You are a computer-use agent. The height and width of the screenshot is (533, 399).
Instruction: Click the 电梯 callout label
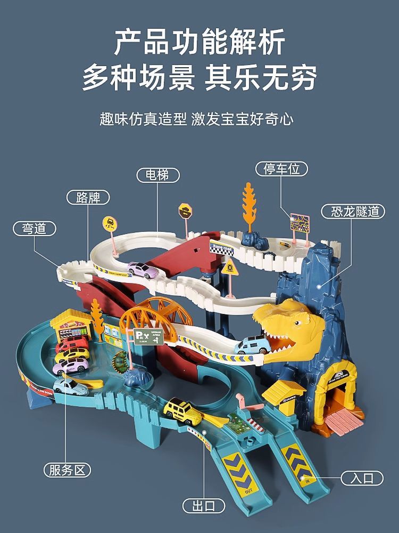click(158, 175)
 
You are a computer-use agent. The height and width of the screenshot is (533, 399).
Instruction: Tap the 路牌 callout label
click(88, 197)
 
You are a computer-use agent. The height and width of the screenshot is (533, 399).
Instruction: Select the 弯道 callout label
click(35, 229)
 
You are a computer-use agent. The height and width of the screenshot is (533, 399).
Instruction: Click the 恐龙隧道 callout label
click(352, 211)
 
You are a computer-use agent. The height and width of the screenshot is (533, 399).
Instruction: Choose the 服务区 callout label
click(67, 470)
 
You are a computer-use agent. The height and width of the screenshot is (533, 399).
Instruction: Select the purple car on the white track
click(142, 269)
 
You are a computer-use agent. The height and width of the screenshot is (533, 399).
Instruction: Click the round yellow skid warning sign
click(110, 223)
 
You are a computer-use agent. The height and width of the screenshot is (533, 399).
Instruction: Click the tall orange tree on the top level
click(248, 205)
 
